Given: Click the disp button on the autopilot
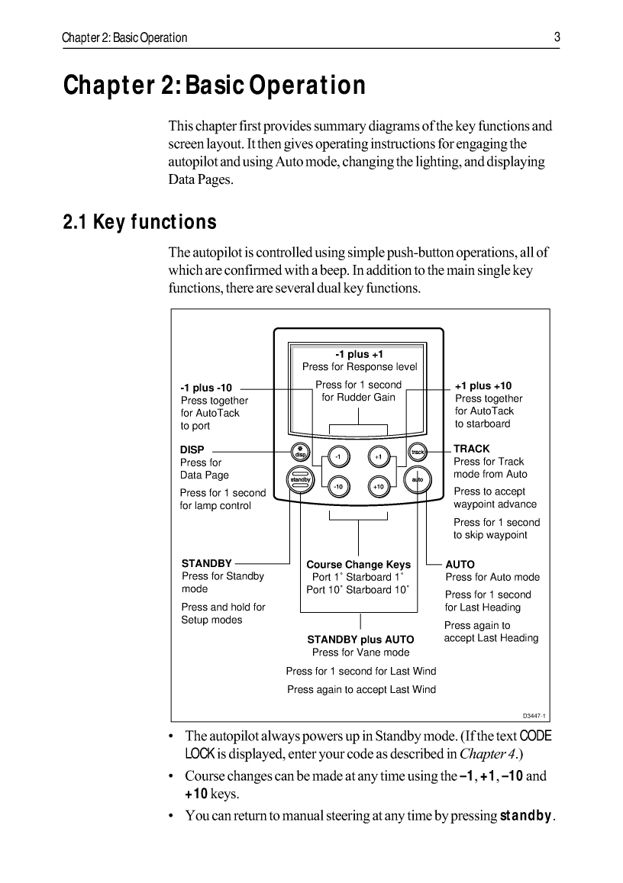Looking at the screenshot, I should (x=300, y=453).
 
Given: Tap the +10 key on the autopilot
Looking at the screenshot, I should (x=378, y=485).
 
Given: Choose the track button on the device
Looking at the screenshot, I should (x=417, y=453).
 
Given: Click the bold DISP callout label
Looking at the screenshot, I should (x=192, y=450).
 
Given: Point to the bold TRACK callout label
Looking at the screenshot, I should (x=471, y=449).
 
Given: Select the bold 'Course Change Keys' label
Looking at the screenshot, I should (x=358, y=565).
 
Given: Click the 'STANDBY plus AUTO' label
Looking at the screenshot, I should (x=360, y=640).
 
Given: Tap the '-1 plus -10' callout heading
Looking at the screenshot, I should (x=205, y=388).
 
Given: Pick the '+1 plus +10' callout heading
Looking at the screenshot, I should (x=483, y=386).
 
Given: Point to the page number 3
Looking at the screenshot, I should (x=557, y=37).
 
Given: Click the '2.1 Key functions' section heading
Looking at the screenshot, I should (x=140, y=223).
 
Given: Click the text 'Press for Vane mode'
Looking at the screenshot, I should (x=360, y=653).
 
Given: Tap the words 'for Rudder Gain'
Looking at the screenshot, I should (x=358, y=398).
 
